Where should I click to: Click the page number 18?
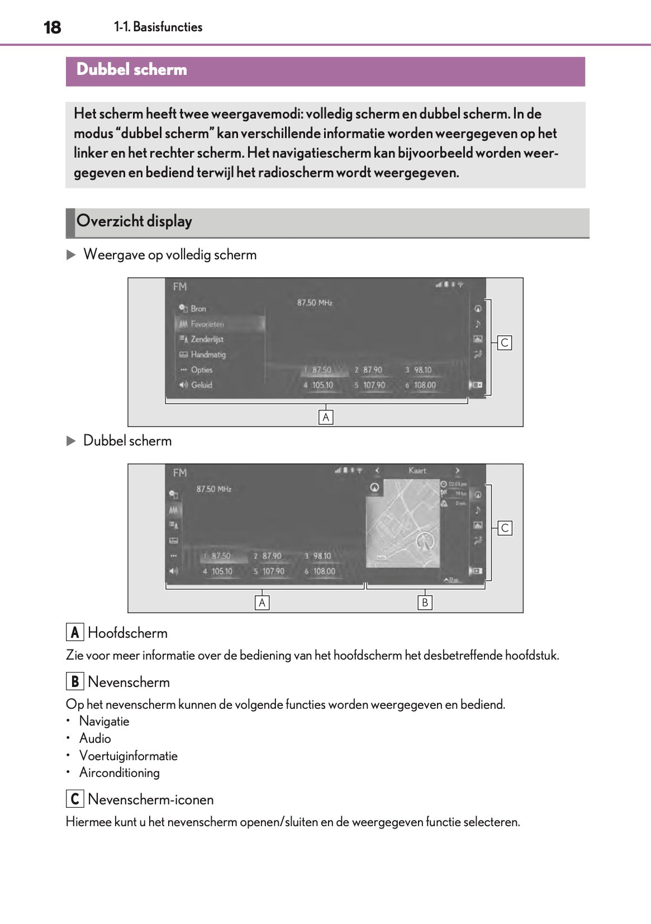click(52, 27)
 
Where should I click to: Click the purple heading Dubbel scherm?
click(132, 70)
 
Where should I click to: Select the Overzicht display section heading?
click(134, 221)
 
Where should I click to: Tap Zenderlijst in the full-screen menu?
click(206, 339)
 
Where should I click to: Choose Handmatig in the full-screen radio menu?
click(207, 354)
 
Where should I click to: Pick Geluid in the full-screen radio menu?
click(201, 385)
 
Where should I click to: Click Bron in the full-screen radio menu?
click(198, 309)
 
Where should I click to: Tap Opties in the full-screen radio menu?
click(201, 370)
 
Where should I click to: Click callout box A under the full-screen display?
click(326, 417)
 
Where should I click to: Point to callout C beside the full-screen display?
click(505, 343)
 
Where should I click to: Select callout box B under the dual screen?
click(425, 603)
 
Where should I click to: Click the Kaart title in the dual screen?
click(417, 471)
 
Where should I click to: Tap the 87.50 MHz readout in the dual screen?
click(214, 489)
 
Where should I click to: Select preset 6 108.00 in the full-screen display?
click(424, 385)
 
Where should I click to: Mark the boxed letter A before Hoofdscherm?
click(75, 632)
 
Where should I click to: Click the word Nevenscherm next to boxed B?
click(129, 682)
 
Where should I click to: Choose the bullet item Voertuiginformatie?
click(129, 756)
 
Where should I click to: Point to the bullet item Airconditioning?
click(120, 773)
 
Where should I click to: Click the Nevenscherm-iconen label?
click(151, 799)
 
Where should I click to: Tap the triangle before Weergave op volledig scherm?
click(71, 255)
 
